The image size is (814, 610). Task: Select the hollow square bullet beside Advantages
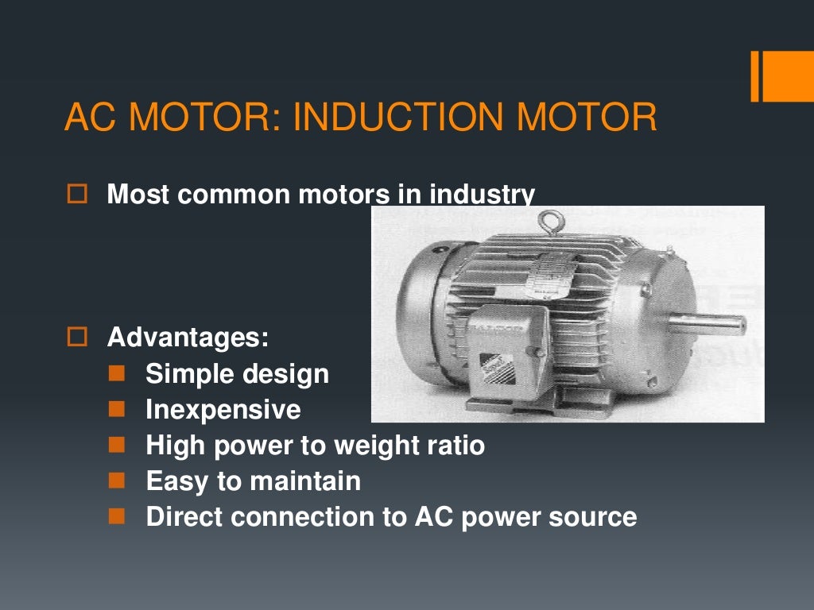pos(76,337)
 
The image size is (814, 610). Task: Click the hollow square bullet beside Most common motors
pos(76,194)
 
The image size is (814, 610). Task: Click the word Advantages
pos(188,337)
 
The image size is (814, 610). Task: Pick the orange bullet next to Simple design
pos(117,373)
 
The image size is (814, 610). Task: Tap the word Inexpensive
pos(223,409)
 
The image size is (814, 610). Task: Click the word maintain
pos(305,481)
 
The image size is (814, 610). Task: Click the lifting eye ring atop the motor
pos(547,222)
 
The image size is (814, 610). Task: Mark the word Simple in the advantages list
pos(184,373)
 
